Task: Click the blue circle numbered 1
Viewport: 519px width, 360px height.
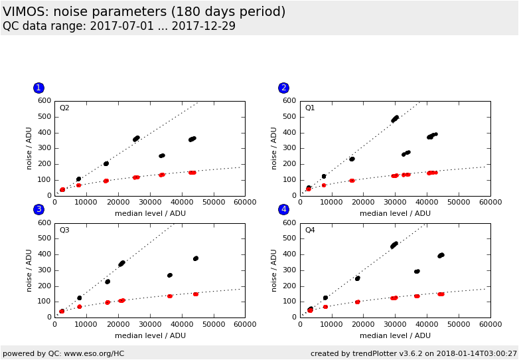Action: [38, 88]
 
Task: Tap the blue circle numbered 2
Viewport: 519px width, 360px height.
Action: [283, 88]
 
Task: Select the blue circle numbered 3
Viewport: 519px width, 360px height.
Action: [38, 209]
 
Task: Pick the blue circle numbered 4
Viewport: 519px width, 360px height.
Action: [283, 209]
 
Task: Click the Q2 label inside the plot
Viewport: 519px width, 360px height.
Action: [64, 108]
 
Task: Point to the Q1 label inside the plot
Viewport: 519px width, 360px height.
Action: [310, 108]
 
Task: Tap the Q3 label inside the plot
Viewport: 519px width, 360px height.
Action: [64, 230]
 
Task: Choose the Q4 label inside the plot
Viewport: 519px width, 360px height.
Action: [310, 230]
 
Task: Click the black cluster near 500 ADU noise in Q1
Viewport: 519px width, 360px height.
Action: [395, 119]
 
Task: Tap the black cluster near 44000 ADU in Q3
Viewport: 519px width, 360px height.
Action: [195, 258]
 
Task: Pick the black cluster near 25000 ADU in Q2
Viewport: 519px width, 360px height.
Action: [136, 139]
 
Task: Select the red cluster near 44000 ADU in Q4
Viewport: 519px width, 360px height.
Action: [441, 294]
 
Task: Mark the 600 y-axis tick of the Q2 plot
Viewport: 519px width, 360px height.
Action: [44, 101]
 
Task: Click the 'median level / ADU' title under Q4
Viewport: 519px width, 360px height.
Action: [395, 335]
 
